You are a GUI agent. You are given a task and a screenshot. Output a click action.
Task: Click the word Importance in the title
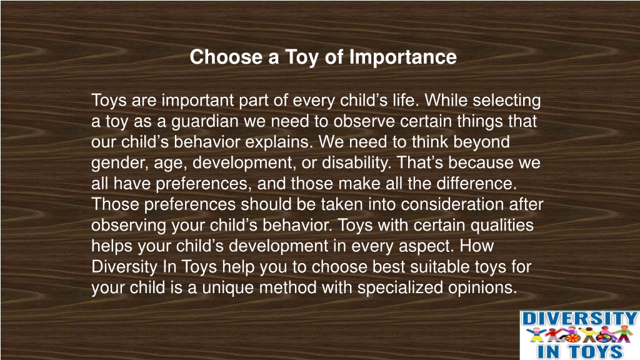click(403, 57)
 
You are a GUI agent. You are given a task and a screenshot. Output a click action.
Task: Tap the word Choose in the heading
click(226, 57)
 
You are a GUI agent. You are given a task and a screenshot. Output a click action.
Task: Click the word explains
click(279, 142)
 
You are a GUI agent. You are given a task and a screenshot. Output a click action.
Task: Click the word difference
click(477, 183)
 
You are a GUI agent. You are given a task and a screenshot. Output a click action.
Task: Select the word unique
click(228, 288)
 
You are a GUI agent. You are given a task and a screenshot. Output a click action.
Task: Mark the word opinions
click(482, 288)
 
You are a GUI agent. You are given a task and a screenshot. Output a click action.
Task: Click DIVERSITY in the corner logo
click(579, 319)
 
